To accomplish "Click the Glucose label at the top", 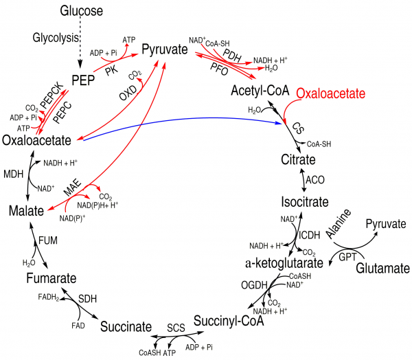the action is point(82,11).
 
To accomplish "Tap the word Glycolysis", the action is point(56,38).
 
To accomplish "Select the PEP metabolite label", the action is point(83,80).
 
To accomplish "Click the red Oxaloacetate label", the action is point(331,93).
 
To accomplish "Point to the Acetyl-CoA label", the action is point(260,91).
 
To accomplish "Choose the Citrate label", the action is point(298,159).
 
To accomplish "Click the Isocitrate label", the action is point(305,202).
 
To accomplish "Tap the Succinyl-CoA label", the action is point(229,321).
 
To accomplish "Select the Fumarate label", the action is point(51,278).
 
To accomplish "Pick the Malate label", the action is point(26,211).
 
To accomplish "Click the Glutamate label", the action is point(383,269).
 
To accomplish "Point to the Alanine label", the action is point(339,224).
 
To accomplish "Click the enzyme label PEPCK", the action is point(52,95).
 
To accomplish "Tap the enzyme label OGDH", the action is point(254,285).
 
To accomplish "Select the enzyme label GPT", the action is point(347,257).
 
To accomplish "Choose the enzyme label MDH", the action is point(14,174).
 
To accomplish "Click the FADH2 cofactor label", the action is point(49,297).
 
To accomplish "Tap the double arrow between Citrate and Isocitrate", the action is point(304,180).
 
